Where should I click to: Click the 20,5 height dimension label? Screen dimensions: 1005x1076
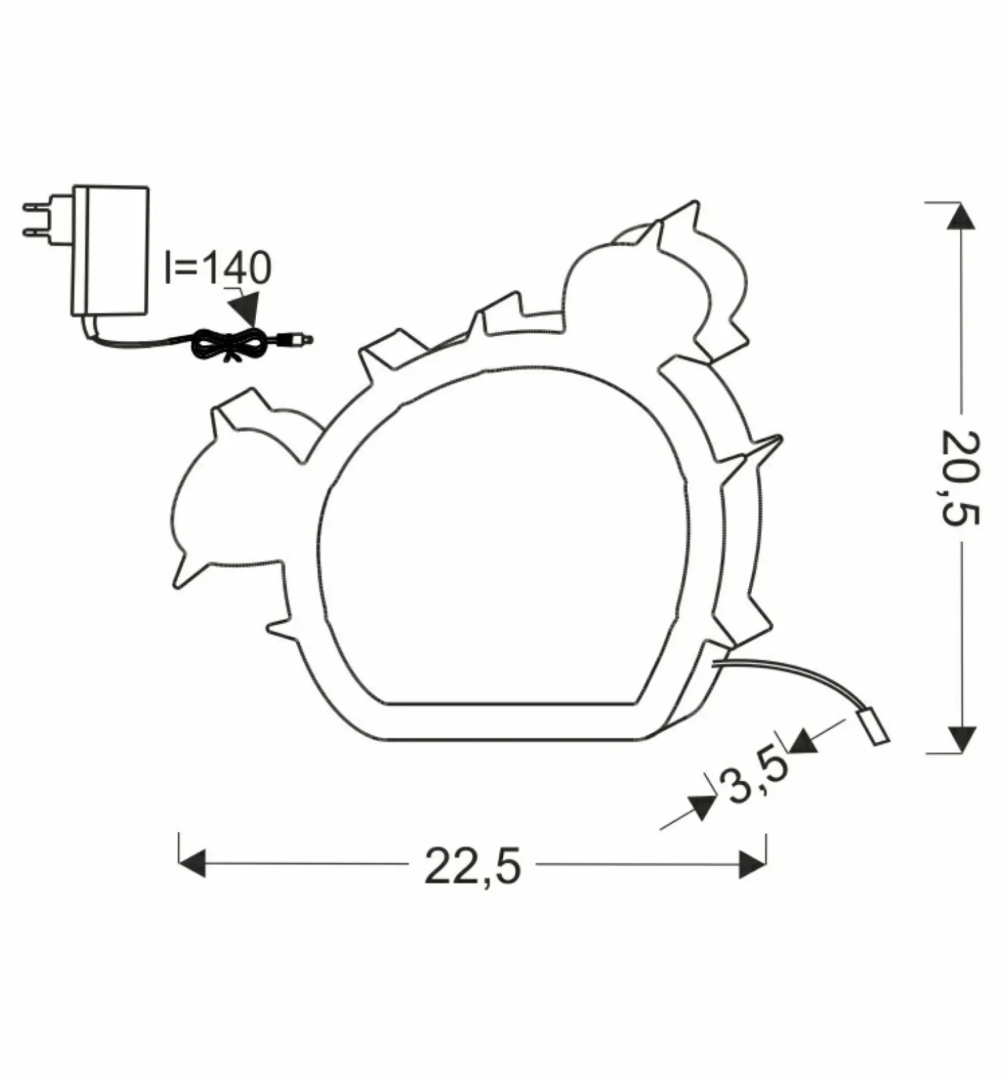pos(961,478)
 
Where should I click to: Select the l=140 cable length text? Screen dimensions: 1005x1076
pos(217,268)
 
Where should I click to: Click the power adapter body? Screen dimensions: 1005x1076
pos(110,251)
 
